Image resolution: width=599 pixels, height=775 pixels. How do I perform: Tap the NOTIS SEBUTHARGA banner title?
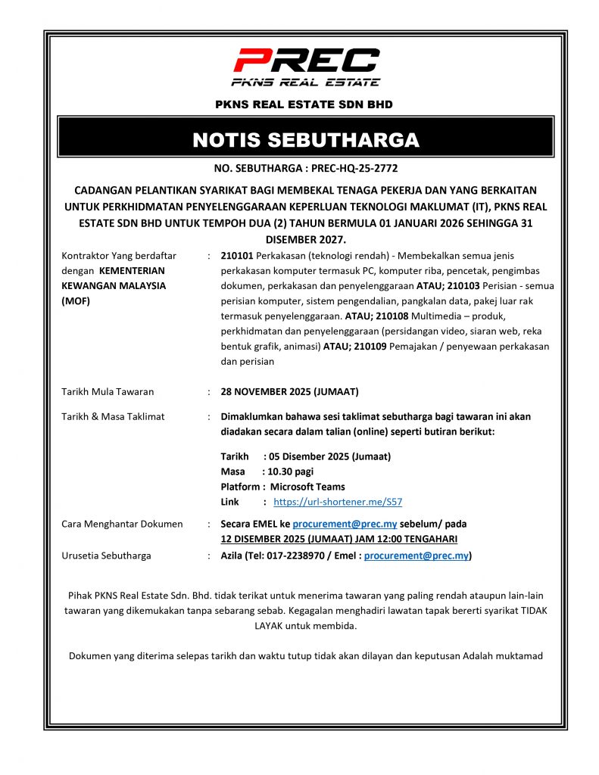click(x=306, y=140)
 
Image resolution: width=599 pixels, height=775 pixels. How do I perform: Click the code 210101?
click(x=237, y=256)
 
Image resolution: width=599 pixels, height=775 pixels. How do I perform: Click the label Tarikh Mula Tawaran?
click(x=108, y=392)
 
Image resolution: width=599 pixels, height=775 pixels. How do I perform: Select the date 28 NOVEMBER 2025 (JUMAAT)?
click(x=289, y=392)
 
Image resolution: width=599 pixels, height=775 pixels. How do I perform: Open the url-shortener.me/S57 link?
click(x=338, y=502)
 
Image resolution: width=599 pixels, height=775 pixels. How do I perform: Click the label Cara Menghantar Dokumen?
click(x=122, y=524)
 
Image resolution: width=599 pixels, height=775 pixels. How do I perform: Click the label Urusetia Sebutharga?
click(x=106, y=556)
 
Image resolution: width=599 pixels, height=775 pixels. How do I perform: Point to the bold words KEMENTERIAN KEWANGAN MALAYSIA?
click(x=114, y=278)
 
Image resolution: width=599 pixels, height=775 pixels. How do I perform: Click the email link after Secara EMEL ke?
click(x=335, y=524)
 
